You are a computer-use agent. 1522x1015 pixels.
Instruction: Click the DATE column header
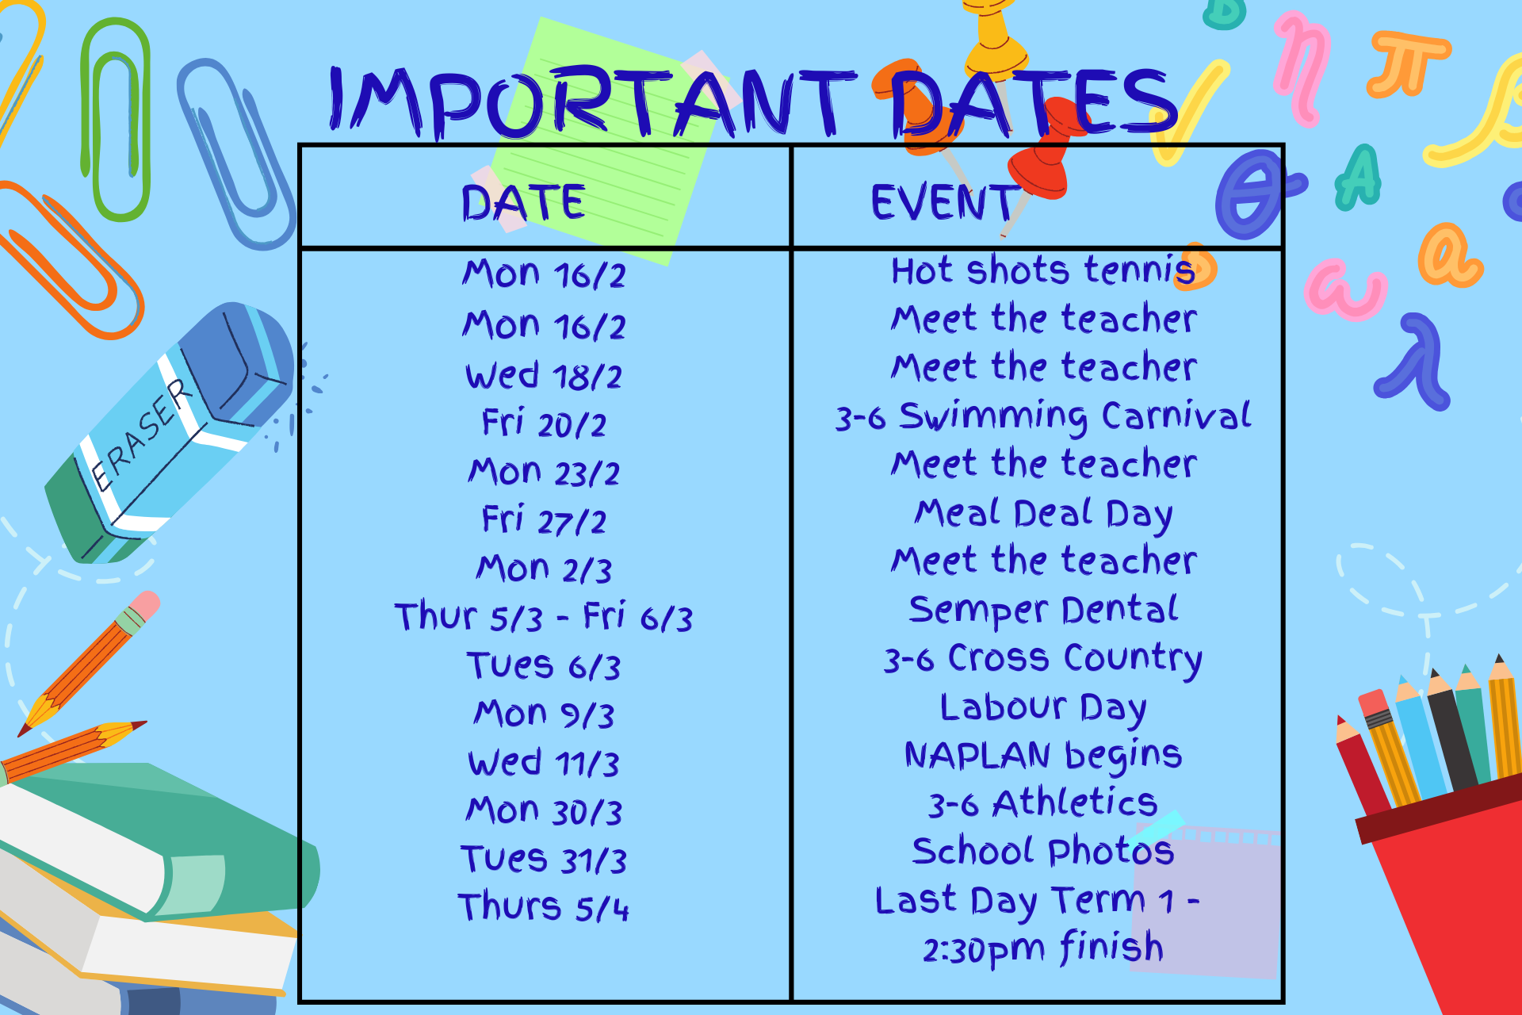click(523, 202)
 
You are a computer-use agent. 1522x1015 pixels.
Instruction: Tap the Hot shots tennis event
click(1043, 270)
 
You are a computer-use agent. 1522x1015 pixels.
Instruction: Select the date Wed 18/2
click(544, 375)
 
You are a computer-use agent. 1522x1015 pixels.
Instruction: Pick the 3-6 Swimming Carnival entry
click(1043, 416)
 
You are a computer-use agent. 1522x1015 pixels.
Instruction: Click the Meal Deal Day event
click(1043, 514)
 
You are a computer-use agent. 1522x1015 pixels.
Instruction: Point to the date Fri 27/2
click(544, 520)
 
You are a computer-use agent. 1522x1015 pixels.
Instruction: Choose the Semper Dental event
click(1043, 611)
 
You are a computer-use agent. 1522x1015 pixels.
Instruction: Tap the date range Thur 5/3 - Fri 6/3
click(544, 616)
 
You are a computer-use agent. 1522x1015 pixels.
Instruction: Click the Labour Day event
click(1043, 707)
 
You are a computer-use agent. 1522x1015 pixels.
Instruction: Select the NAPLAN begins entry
click(1043, 756)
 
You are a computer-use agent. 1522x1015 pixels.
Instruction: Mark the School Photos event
click(1043, 851)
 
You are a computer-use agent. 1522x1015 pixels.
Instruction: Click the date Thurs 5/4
click(544, 906)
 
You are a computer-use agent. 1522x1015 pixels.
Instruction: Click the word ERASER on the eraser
click(141, 435)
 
